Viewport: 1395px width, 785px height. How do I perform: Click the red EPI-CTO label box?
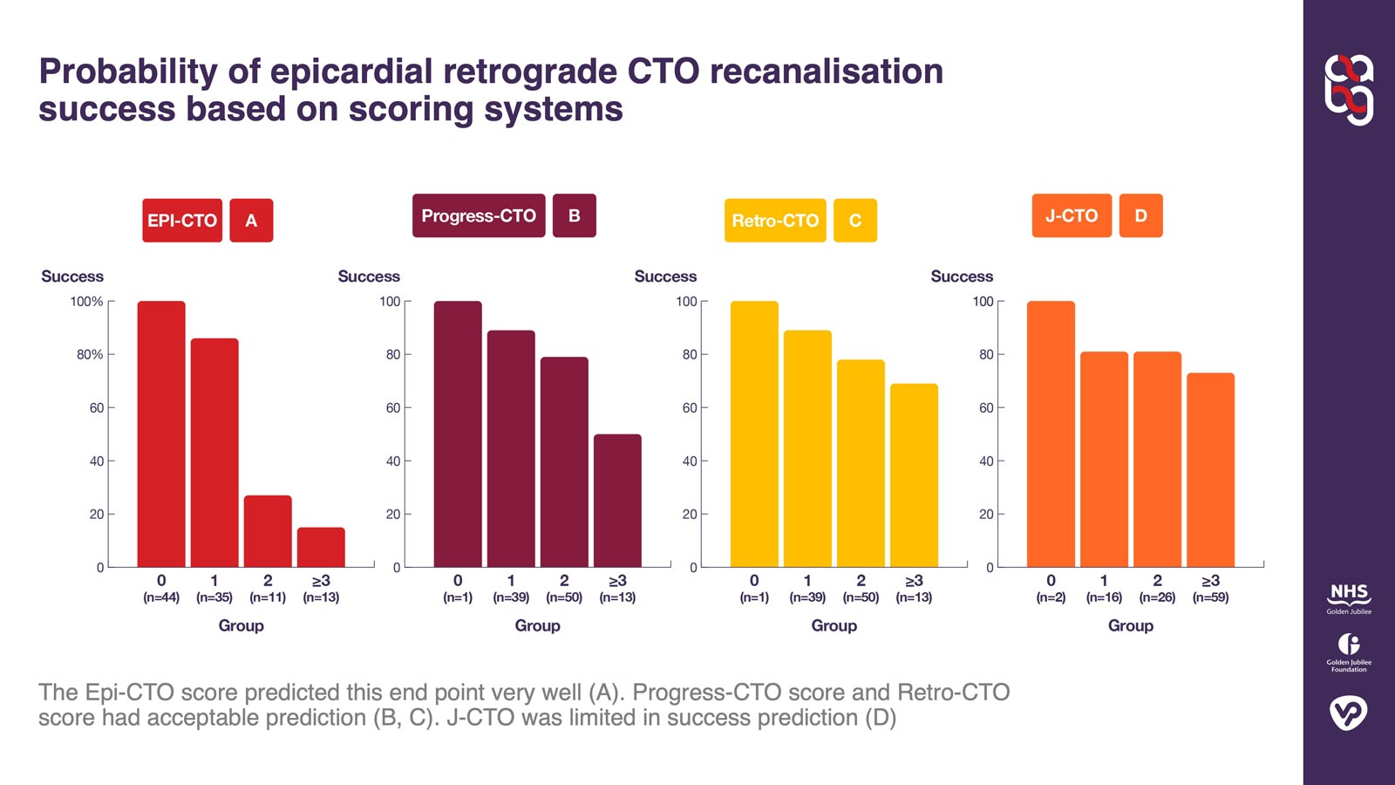(182, 221)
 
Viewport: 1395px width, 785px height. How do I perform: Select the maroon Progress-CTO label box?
(479, 215)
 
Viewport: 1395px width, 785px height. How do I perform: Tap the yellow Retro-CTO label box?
(775, 221)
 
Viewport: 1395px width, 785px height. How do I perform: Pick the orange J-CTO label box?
(1072, 215)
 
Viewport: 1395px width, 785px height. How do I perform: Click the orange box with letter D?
(1140, 215)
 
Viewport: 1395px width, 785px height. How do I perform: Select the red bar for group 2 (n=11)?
(268, 531)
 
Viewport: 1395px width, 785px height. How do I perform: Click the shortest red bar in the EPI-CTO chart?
(321, 547)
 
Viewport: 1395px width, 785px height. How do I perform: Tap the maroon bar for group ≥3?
(617, 501)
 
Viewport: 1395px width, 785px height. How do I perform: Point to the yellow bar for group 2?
(861, 463)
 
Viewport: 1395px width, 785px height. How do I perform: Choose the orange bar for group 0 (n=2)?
(1051, 434)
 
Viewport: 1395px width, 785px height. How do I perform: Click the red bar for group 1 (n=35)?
(214, 453)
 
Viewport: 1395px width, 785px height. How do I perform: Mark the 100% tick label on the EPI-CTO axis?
(86, 302)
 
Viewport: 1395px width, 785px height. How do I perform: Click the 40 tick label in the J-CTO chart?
(985, 461)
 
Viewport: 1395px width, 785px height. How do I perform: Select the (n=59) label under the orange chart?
(1210, 597)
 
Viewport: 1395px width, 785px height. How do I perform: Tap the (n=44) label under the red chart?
(161, 597)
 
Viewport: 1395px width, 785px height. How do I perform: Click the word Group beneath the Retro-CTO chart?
(834, 625)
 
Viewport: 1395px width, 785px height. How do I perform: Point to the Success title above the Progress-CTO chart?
(369, 276)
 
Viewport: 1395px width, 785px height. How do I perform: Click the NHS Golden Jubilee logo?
(1349, 598)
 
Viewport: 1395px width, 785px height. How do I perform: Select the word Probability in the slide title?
(127, 72)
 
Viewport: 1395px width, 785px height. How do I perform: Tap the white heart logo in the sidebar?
(1349, 713)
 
